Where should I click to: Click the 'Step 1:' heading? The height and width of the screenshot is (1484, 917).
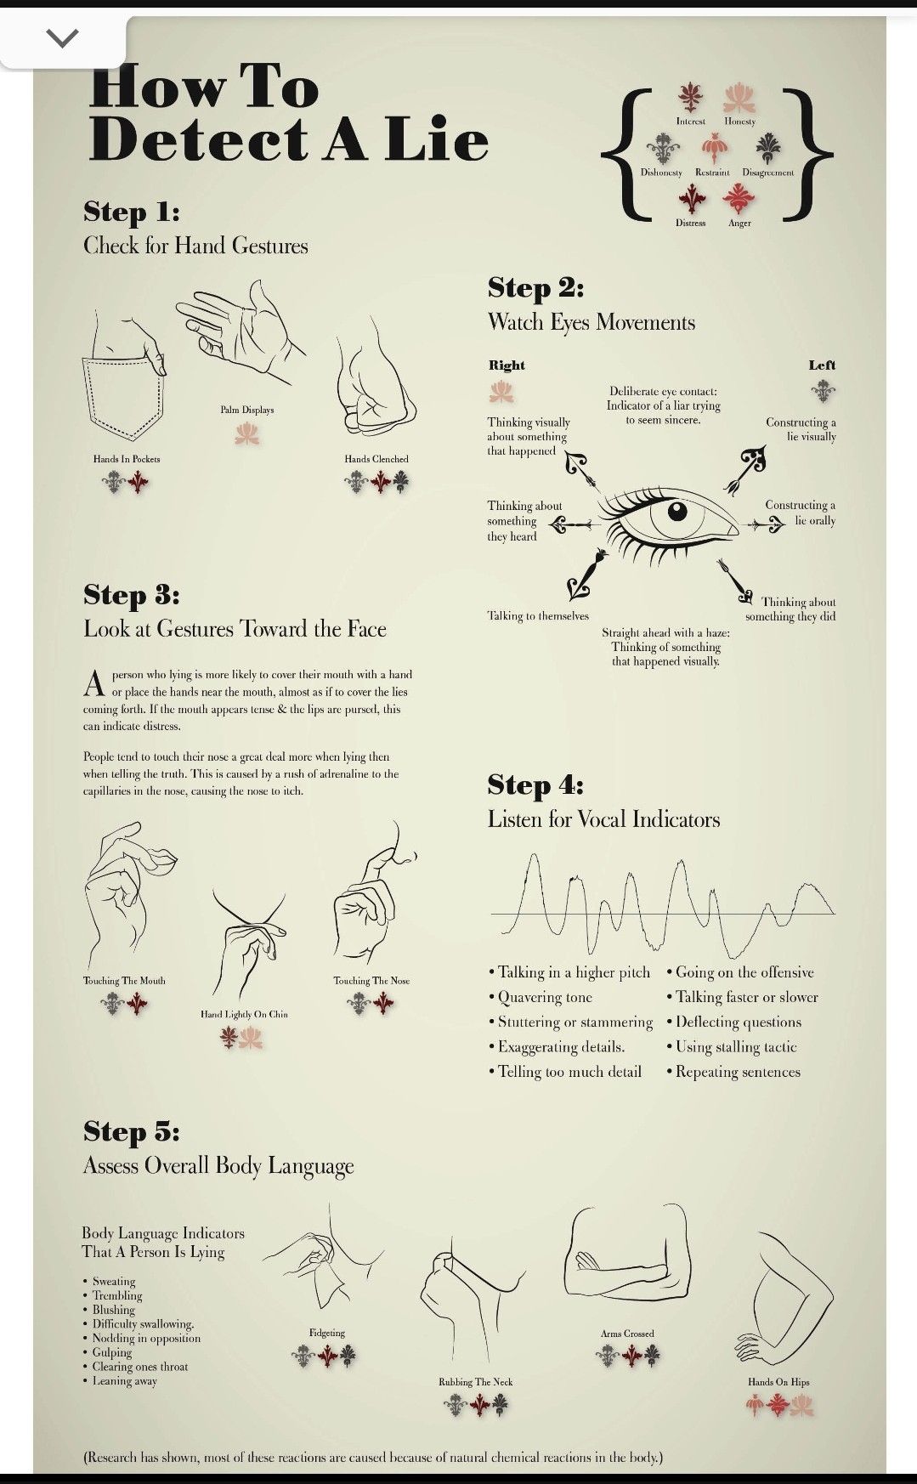(x=132, y=212)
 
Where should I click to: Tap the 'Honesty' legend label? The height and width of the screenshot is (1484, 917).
(x=739, y=122)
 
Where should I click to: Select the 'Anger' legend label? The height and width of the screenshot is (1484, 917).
(x=739, y=224)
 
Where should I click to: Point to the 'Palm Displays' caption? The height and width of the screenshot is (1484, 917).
(x=247, y=410)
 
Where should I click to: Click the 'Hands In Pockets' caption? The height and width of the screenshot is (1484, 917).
(x=127, y=459)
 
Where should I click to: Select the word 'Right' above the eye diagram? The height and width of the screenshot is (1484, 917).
(x=507, y=365)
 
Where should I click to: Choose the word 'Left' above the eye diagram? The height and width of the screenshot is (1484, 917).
(x=822, y=365)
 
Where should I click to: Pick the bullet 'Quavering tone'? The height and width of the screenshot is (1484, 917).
(x=541, y=998)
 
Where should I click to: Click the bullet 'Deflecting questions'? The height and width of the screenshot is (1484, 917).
(x=735, y=1022)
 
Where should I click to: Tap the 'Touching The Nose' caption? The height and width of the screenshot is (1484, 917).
(x=371, y=981)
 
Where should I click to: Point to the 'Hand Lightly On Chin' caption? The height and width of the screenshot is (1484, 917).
(x=244, y=1014)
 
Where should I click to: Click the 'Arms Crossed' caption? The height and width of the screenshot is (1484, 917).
(x=627, y=1334)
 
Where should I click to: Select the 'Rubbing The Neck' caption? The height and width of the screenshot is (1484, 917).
(x=476, y=1382)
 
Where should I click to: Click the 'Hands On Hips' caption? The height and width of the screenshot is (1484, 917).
(x=778, y=1382)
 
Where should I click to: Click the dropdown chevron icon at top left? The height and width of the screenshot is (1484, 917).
(x=62, y=37)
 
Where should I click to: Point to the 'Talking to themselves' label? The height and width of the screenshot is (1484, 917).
(x=538, y=616)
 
